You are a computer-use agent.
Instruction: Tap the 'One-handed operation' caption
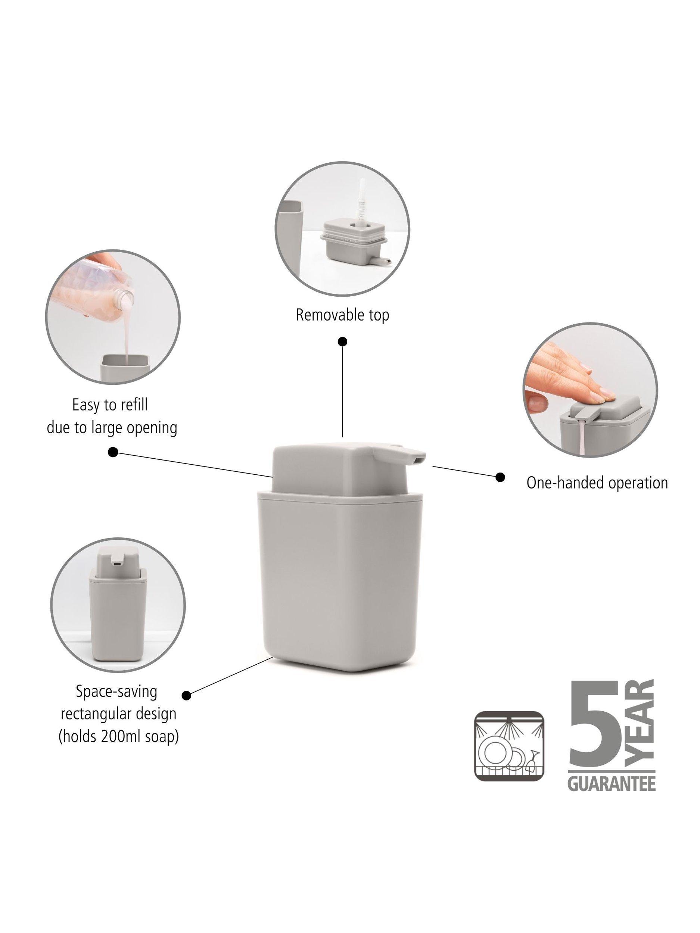597,483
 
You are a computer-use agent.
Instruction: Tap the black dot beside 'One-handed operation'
500,477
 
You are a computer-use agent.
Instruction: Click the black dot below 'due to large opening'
113,452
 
